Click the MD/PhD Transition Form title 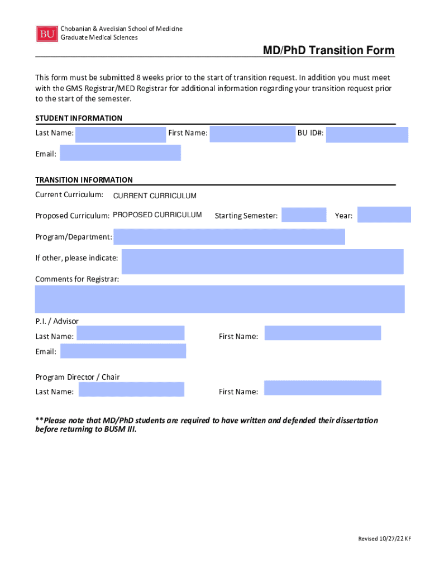point(329,51)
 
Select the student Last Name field point(121,135)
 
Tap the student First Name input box point(252,135)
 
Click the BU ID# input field point(367,135)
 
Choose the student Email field point(121,153)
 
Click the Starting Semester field point(304,215)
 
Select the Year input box point(384,215)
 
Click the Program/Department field point(229,237)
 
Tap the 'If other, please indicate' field point(262,261)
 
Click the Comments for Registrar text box point(219,299)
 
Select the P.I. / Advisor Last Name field point(131,333)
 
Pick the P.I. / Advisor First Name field point(323,333)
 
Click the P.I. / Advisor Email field point(123,351)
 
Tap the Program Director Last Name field point(131,389)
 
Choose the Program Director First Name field point(323,388)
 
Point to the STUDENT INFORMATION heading point(79,118)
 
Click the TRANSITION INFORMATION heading point(84,180)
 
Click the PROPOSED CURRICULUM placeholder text point(157,214)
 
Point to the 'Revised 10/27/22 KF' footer point(384,538)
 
